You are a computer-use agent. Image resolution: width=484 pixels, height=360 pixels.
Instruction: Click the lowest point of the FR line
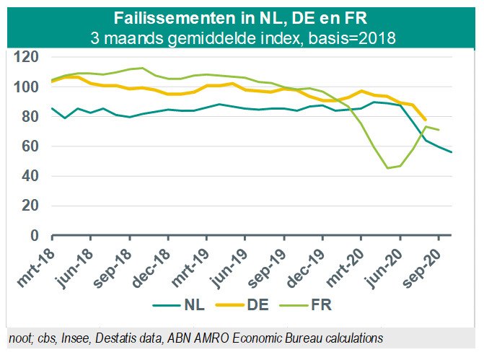[387, 168]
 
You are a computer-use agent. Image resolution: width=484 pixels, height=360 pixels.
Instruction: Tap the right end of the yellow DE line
[426, 120]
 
